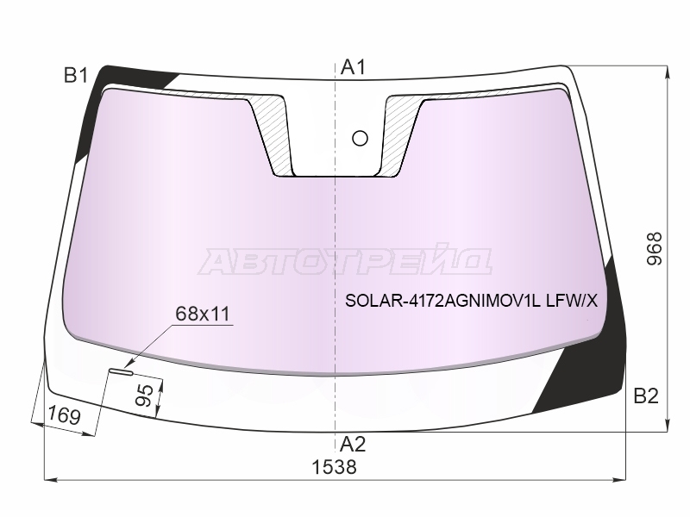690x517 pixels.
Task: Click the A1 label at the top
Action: [x=353, y=68]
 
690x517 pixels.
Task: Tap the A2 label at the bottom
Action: [x=353, y=445]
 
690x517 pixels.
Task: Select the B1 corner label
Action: [x=77, y=76]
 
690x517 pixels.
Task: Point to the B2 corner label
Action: [x=646, y=396]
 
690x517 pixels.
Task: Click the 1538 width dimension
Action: [x=335, y=467]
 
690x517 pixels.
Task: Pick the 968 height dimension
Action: [x=655, y=248]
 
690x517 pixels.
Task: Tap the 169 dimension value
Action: [x=64, y=415]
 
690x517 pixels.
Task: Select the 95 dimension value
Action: [x=145, y=396]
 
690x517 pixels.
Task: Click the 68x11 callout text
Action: [x=203, y=314]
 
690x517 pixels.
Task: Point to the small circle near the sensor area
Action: [x=361, y=138]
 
